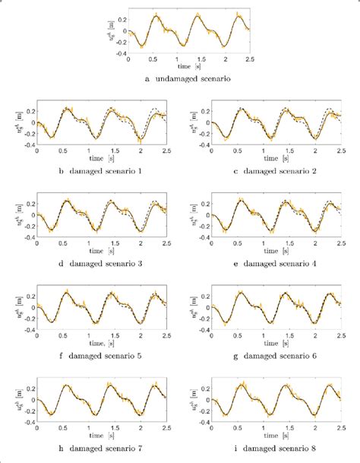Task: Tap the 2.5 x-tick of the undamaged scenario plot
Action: (x=249, y=59)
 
